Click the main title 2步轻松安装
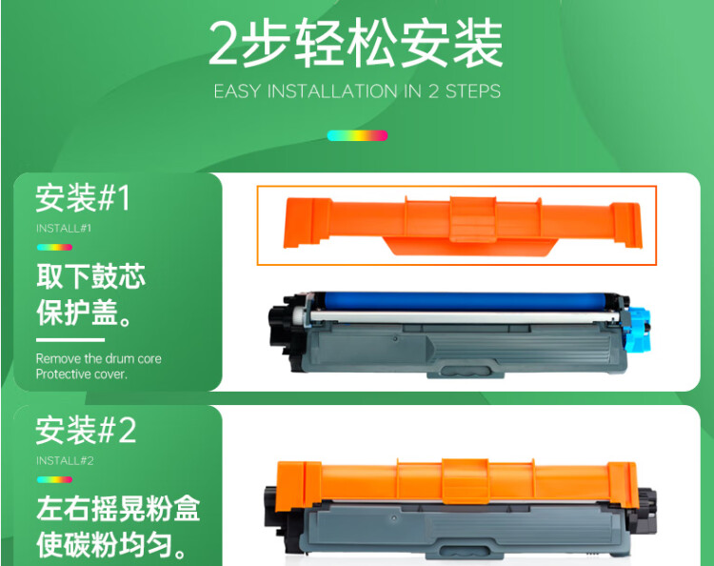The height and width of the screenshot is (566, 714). click(x=356, y=44)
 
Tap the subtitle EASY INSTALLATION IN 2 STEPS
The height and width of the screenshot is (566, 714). click(x=357, y=92)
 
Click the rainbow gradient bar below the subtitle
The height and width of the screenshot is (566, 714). click(x=357, y=135)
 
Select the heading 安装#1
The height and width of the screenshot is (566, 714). click(x=83, y=198)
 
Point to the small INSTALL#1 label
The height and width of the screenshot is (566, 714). click(x=64, y=229)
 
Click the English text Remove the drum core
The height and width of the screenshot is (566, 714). click(x=99, y=358)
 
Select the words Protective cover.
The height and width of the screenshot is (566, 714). click(x=81, y=374)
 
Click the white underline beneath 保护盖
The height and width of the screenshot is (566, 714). click(x=69, y=339)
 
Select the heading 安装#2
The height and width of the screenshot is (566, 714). click(x=86, y=431)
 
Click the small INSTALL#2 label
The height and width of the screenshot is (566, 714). click(x=65, y=461)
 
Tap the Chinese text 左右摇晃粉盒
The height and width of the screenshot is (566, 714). click(x=118, y=510)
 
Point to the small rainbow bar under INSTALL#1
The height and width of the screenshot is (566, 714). click(x=54, y=248)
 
